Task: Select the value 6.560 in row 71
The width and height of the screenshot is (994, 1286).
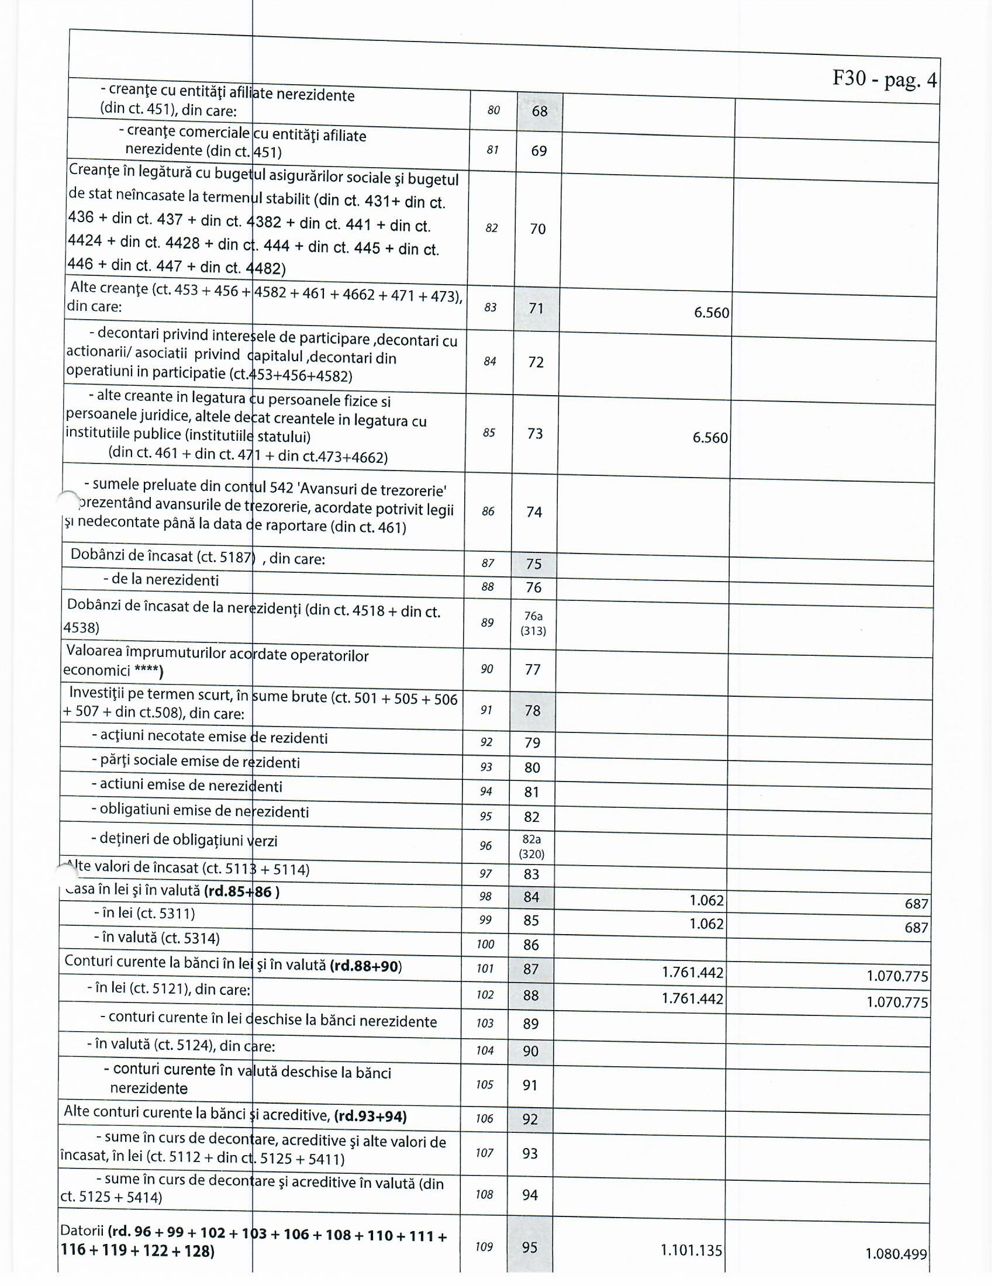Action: pos(712,312)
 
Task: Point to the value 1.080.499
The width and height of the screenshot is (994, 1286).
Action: pos(896,1254)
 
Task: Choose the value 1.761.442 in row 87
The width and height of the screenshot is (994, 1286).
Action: pos(692,972)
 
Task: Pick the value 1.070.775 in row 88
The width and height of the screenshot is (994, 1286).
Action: pos(897,1001)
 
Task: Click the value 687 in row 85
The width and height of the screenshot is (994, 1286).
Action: pos(916,928)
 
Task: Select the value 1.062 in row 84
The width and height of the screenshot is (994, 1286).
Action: pos(706,900)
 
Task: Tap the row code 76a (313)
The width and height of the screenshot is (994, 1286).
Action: pos(533,623)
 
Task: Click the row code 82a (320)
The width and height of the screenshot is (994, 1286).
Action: pos(531,846)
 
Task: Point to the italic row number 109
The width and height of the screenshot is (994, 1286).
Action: pos(484,1247)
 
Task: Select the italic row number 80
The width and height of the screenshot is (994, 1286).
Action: pos(493,110)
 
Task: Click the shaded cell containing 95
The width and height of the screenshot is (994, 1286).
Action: pos(529,1247)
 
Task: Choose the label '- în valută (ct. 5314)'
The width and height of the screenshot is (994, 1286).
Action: pos(157,938)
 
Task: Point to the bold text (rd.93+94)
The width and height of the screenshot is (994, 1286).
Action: pos(370,1116)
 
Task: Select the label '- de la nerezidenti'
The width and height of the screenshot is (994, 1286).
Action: pos(160,580)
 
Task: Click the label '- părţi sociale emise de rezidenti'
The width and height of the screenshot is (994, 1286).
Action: pos(195,761)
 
